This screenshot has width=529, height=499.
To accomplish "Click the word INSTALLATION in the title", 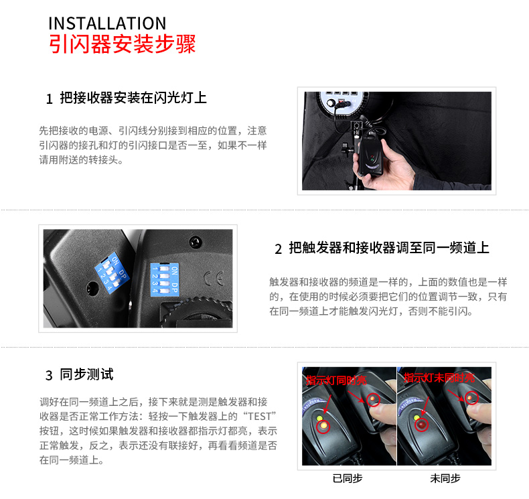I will tap(107, 24).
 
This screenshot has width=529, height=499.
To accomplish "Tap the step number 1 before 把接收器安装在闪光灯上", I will tap(49, 100).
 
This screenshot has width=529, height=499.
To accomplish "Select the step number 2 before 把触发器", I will tap(278, 249).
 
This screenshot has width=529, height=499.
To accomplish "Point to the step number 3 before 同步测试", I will tap(49, 374).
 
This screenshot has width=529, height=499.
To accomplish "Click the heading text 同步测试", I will tap(87, 374).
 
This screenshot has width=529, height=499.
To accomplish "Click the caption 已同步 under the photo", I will tap(347, 478).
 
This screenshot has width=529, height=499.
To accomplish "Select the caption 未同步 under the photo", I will tap(445, 478).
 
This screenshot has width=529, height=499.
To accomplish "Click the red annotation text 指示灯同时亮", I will tap(336, 380).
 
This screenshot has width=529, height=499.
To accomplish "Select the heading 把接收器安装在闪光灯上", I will tap(133, 98).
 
